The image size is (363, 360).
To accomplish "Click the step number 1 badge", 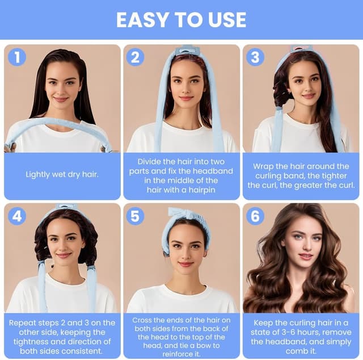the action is (x=17, y=57).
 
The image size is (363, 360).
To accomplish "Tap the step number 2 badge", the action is (x=135, y=57).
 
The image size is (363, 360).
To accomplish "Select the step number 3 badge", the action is (x=255, y=57).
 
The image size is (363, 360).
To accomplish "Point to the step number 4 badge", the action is (x=17, y=216).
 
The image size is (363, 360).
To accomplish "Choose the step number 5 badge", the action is (x=135, y=216).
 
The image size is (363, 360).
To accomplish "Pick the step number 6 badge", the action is (x=255, y=216).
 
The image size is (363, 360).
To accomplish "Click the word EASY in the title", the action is (x=142, y=20).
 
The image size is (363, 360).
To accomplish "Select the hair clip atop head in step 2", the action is (x=187, y=49).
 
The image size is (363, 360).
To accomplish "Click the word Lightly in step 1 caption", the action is (x=37, y=174).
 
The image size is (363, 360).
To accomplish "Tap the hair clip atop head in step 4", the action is (x=67, y=206).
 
